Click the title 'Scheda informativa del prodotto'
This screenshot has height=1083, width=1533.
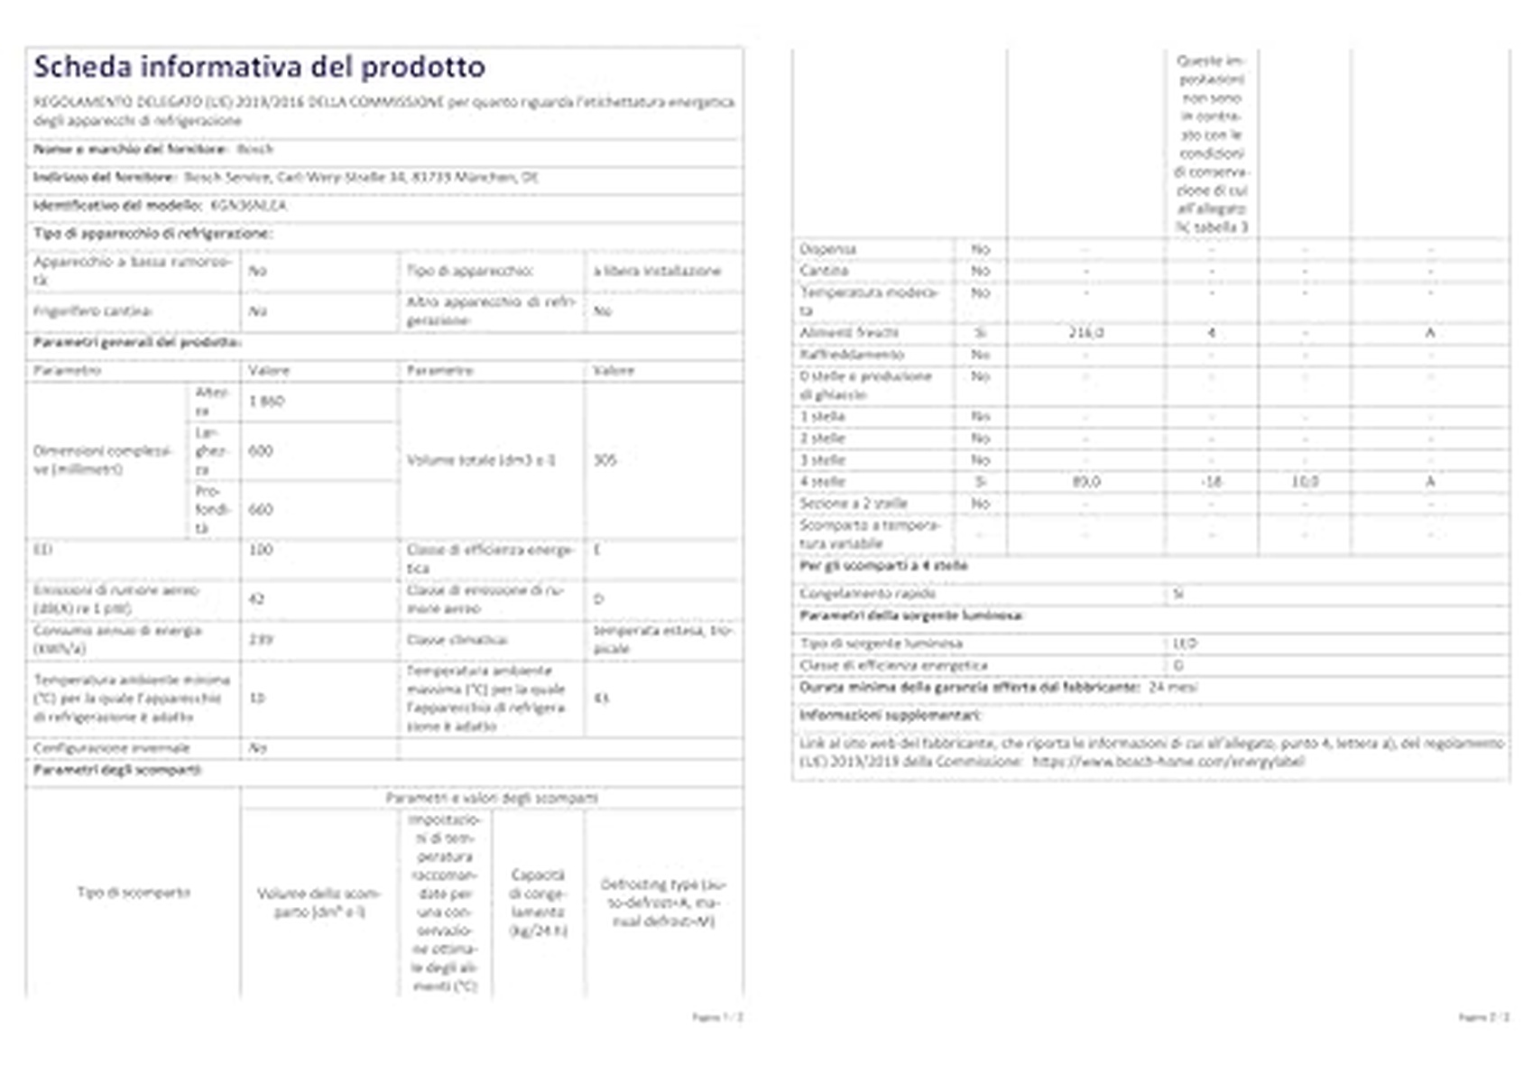point(259,67)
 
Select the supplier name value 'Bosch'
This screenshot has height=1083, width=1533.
point(254,149)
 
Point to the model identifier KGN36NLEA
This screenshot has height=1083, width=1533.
point(248,205)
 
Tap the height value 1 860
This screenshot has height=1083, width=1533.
point(266,401)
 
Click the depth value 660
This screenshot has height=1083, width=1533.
point(261,509)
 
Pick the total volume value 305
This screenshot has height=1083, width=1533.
point(605,459)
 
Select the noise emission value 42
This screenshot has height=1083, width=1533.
point(256,598)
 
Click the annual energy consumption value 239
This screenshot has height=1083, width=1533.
point(260,639)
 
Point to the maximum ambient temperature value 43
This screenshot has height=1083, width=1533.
point(602,698)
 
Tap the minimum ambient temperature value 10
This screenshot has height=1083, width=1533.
point(257,698)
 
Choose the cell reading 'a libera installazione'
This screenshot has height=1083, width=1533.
point(657,271)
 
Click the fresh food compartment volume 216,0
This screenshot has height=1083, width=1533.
point(1085,332)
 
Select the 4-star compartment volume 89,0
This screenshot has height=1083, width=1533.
point(1085,481)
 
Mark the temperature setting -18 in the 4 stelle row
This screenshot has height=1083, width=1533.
point(1211,481)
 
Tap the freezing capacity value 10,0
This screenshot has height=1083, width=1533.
point(1305,481)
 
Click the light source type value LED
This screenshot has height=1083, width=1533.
point(1184,643)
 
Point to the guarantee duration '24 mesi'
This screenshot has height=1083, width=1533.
point(1173,687)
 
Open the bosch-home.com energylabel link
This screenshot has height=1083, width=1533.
point(1168,761)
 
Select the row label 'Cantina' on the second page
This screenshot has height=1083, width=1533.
point(824,270)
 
